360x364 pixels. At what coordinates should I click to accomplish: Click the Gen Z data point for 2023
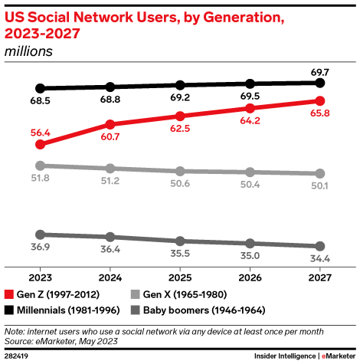click(x=41, y=143)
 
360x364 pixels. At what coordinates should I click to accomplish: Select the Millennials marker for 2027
click(x=320, y=82)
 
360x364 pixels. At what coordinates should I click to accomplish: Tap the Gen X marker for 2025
click(x=180, y=171)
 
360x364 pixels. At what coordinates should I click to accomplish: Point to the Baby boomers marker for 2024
click(x=110, y=237)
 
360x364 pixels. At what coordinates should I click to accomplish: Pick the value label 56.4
click(x=41, y=130)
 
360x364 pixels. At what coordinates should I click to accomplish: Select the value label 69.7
click(x=320, y=70)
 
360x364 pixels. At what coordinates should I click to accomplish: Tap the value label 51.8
click(x=41, y=178)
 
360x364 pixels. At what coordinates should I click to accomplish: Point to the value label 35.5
click(x=180, y=253)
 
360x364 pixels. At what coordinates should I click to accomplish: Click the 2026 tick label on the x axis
click(x=250, y=278)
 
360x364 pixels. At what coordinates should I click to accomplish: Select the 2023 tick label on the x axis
click(x=41, y=278)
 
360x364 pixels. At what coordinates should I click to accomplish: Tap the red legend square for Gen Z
click(x=9, y=294)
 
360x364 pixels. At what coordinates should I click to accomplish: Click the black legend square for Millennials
click(x=9, y=310)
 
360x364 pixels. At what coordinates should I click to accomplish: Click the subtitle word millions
click(x=29, y=51)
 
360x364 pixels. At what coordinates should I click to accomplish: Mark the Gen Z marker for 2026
click(x=250, y=108)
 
